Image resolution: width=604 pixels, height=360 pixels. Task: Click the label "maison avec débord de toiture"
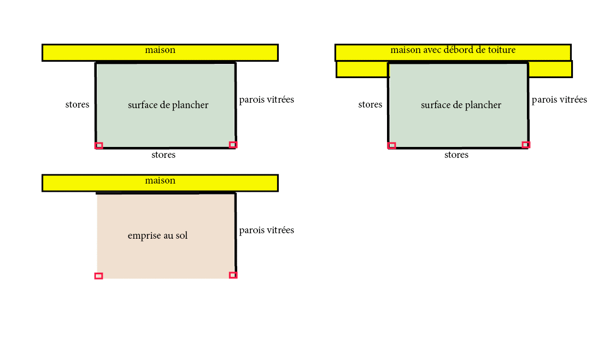(x=453, y=50)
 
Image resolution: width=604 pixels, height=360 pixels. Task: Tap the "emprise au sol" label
(x=157, y=235)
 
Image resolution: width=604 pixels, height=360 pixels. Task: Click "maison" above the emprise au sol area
(x=160, y=181)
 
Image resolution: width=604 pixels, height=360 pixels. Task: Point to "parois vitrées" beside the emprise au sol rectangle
(x=267, y=230)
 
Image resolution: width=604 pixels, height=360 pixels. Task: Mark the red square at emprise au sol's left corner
(x=98, y=276)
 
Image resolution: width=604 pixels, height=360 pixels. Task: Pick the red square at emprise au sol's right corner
(x=233, y=275)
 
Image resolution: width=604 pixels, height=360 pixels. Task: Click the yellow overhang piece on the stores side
(x=362, y=69)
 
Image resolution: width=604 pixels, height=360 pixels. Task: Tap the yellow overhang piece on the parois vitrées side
(x=550, y=69)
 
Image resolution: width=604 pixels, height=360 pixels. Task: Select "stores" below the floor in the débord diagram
(x=456, y=155)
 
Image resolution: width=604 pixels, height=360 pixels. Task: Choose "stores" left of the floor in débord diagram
(x=370, y=104)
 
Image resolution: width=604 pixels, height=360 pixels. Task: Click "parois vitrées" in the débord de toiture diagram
(x=559, y=100)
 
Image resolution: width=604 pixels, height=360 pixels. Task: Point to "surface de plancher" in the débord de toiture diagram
(x=461, y=105)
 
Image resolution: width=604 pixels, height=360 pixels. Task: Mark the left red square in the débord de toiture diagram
(x=392, y=145)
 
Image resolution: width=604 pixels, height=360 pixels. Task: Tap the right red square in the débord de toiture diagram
(x=526, y=145)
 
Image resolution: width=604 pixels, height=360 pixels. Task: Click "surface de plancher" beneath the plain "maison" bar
(x=168, y=105)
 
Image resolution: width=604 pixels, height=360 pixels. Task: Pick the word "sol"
(x=181, y=235)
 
